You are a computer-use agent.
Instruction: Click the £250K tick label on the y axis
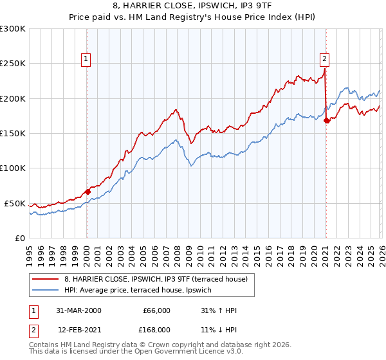[13, 64]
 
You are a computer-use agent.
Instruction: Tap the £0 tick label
[19, 238]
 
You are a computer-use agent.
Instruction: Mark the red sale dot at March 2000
[87, 192]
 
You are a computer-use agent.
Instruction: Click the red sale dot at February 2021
[327, 120]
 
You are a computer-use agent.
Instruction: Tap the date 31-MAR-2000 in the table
[78, 310]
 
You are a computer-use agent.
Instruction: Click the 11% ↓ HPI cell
[219, 331]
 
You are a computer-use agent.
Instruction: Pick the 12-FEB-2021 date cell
[78, 331]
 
